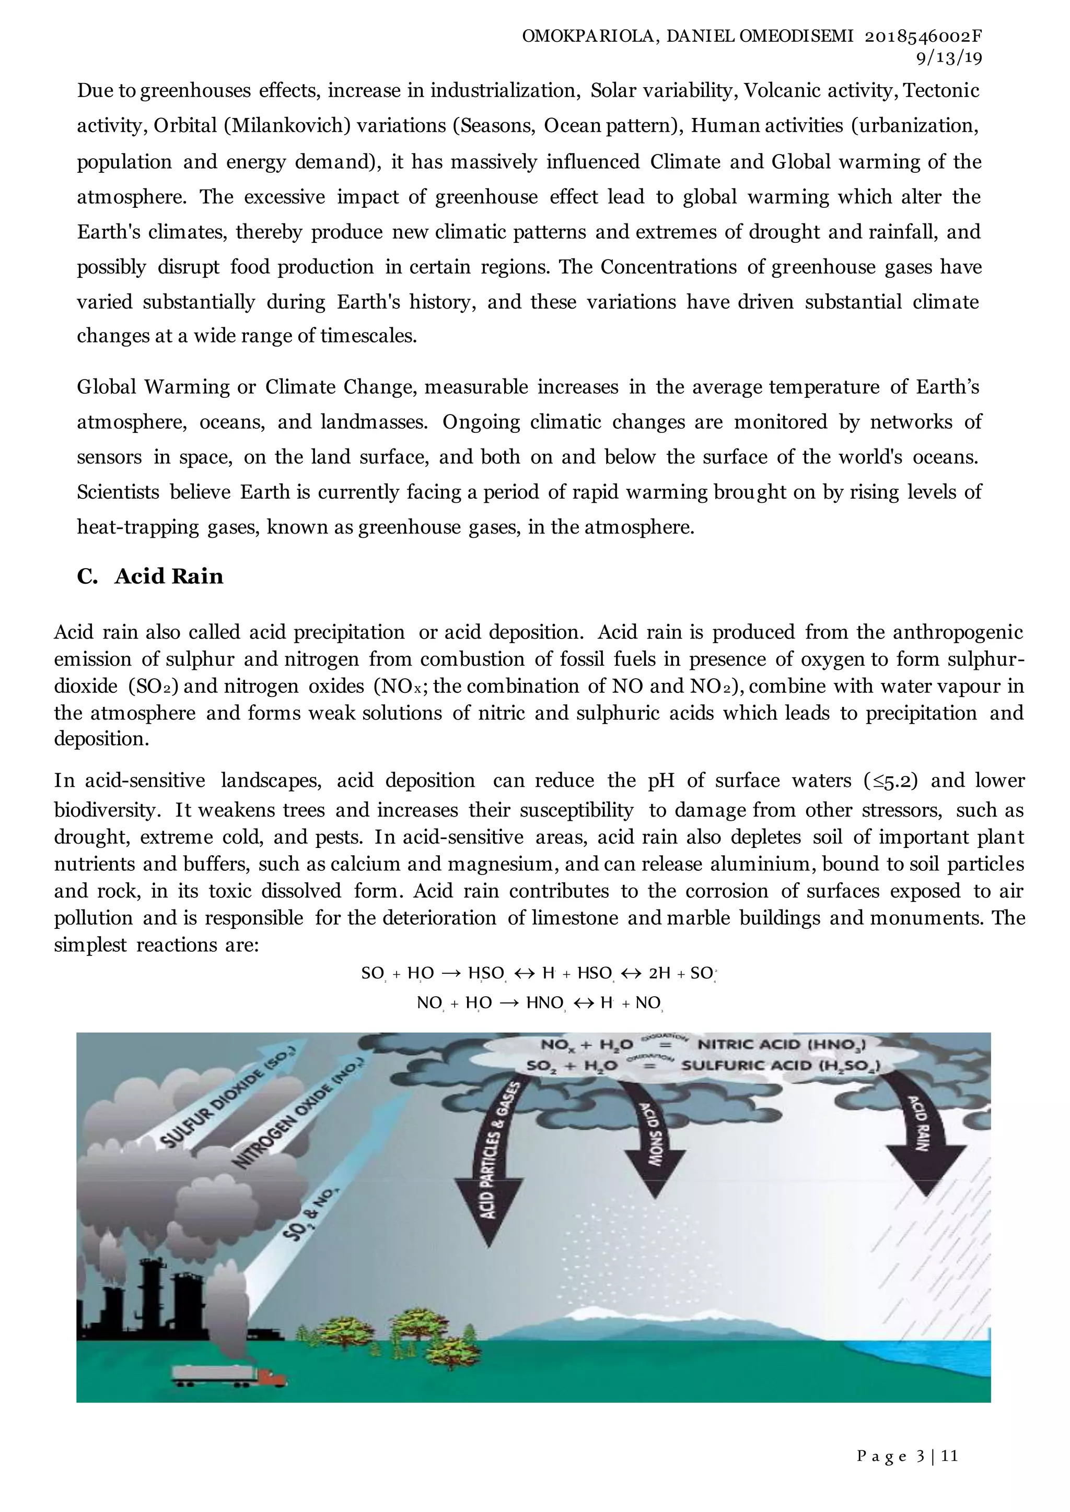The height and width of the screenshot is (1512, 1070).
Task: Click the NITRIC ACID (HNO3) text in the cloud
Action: pyautogui.click(x=782, y=1044)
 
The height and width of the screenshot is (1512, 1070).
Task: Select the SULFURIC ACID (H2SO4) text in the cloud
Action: pyautogui.click(x=780, y=1066)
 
